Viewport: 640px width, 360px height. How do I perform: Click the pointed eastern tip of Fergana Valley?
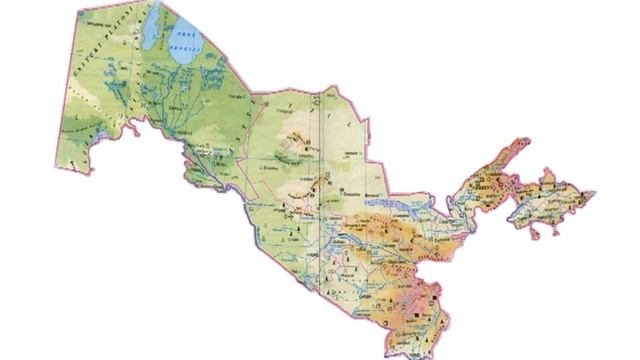click(x=595, y=190)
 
